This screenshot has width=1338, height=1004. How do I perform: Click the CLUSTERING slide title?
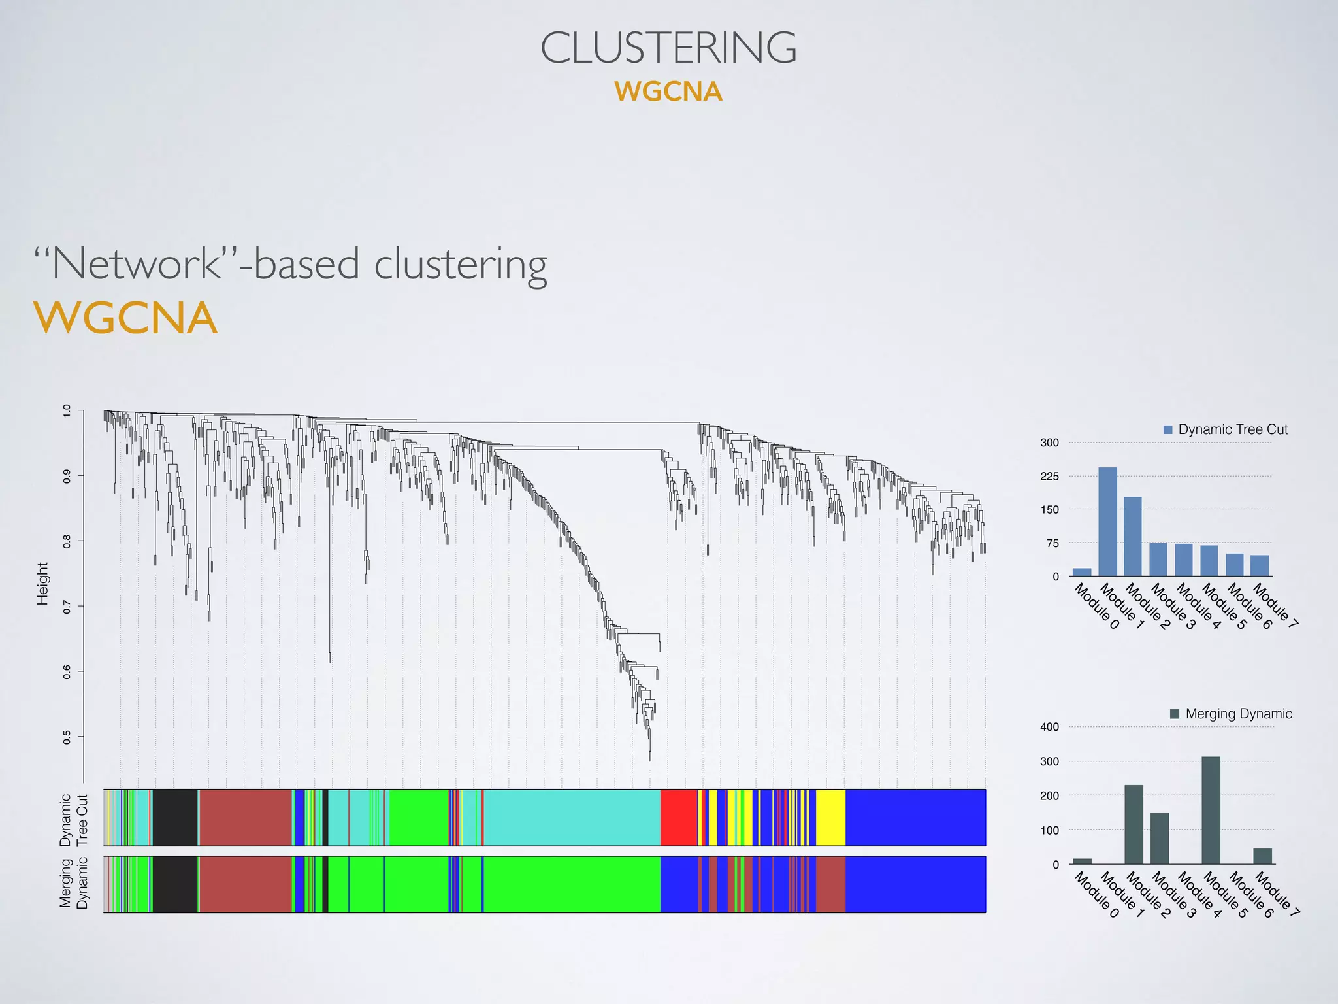coord(668,48)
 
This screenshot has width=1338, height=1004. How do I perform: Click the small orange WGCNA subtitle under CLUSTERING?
coord(668,92)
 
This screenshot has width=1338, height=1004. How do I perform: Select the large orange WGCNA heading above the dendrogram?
coord(125,318)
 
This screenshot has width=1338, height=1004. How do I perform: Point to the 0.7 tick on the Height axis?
coord(67,607)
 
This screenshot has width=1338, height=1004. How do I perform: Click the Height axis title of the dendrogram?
coord(42,584)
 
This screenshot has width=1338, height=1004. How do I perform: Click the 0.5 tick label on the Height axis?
coord(67,737)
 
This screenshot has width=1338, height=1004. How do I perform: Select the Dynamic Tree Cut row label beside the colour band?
coord(73,820)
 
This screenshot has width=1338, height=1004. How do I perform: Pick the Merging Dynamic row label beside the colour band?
coord(73,884)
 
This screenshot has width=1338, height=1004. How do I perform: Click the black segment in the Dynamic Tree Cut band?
coord(174,817)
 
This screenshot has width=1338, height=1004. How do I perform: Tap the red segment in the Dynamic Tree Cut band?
coord(678,817)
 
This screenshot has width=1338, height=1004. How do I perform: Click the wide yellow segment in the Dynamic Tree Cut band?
coord(830,817)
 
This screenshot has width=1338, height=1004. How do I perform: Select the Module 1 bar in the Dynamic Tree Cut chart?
coord(1107,522)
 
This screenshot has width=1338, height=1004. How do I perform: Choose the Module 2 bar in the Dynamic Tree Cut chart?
coord(1133,537)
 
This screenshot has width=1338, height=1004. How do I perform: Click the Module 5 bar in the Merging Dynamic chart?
coord(1211,811)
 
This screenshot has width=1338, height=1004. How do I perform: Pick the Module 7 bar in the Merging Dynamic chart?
coord(1262,856)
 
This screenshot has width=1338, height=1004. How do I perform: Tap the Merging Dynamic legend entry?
coord(1231,714)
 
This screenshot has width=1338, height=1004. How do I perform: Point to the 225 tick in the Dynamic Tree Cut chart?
coord(1049,477)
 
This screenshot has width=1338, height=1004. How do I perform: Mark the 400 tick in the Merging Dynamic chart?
coord(1049,727)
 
